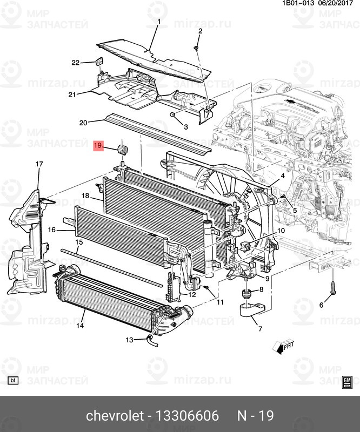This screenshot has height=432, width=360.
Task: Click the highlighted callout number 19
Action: coord(98,145)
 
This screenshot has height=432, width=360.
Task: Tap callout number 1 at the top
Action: coord(159,22)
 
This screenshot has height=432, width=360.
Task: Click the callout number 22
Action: coord(75,63)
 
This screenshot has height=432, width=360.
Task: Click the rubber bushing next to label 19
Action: coord(122,150)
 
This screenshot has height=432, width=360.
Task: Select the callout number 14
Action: coord(79,326)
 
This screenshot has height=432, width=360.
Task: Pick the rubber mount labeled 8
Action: coord(245,295)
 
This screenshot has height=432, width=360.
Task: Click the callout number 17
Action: coord(39,164)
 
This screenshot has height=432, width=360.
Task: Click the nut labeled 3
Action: coord(172,115)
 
